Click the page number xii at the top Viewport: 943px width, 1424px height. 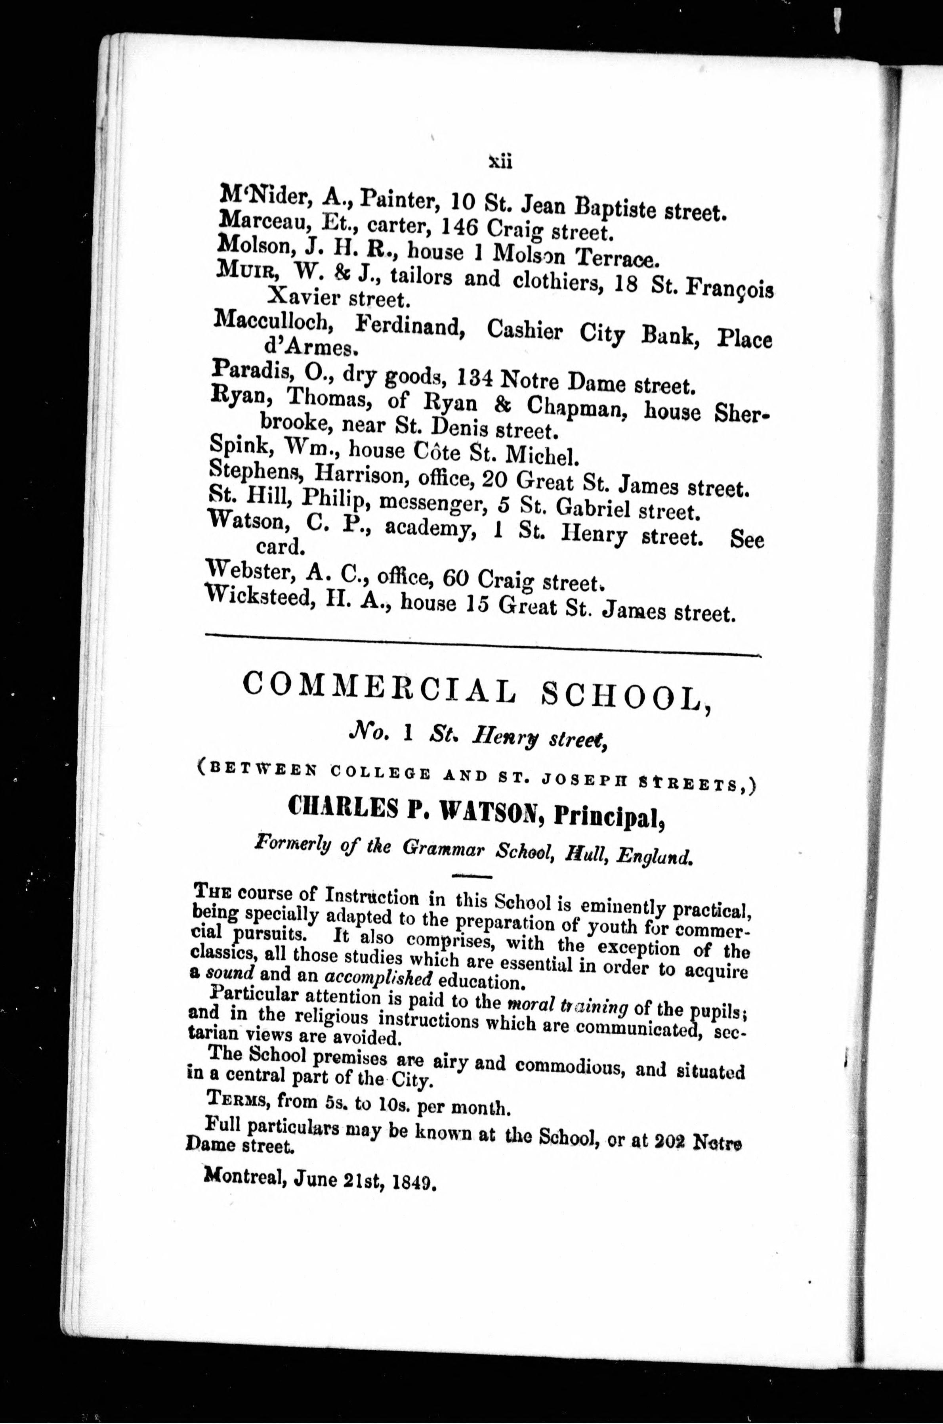tap(500, 161)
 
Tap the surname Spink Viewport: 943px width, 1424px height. tap(237, 445)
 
